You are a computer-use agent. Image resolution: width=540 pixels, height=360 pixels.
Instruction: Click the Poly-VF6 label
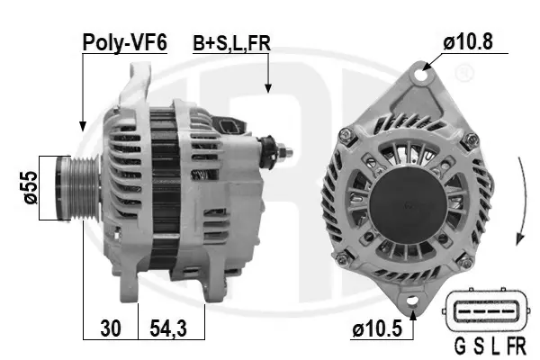[125, 42]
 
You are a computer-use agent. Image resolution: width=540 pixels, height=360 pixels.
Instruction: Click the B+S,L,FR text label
[232, 43]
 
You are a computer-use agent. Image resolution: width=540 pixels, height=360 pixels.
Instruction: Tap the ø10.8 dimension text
[468, 41]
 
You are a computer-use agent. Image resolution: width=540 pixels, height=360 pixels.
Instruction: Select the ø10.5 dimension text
[377, 328]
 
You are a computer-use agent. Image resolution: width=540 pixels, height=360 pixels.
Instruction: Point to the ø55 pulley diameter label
[31, 187]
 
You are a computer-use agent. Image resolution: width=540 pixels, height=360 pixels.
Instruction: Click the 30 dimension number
[111, 328]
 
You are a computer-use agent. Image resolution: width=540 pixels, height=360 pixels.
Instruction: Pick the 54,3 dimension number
[168, 328]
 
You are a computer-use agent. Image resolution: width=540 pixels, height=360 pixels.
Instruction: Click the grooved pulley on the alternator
[78, 188]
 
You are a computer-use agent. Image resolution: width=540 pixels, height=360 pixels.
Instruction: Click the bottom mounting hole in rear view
[411, 301]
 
